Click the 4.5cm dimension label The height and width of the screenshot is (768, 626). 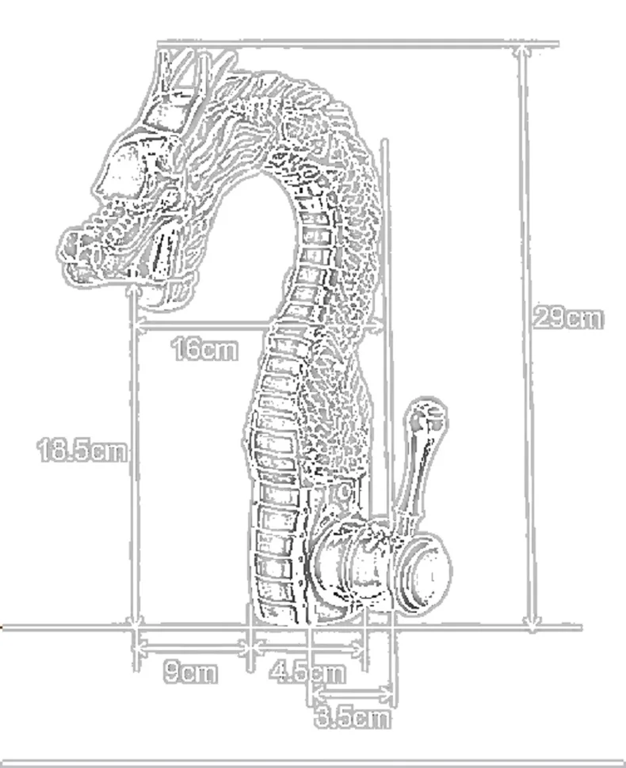pyautogui.click(x=307, y=672)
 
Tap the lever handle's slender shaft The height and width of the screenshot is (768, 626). pyautogui.click(x=414, y=475)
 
